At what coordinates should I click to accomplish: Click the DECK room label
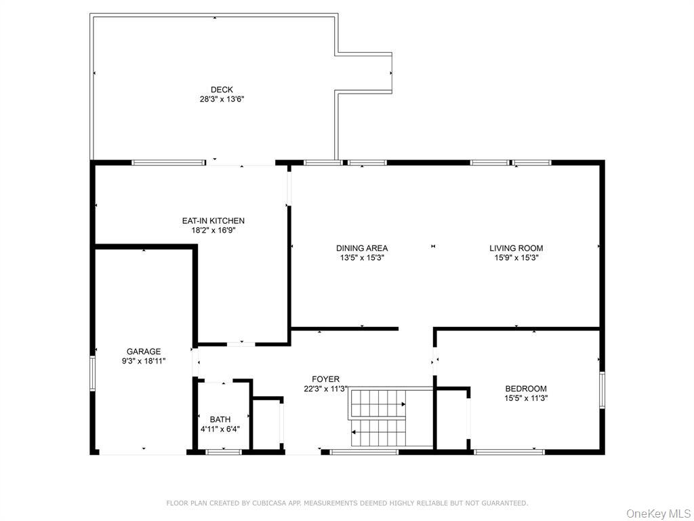(222, 90)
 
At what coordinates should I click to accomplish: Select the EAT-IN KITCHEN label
(213, 220)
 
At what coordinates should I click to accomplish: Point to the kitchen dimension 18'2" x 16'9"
(213, 230)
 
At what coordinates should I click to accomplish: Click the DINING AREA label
(362, 248)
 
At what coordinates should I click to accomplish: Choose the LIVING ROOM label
(516, 248)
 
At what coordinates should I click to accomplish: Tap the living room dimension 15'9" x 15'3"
(516, 258)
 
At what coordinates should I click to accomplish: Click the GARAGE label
(144, 351)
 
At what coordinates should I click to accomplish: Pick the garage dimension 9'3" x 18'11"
(144, 361)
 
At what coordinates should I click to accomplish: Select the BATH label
(220, 419)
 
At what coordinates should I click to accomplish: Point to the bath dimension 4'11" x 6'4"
(220, 429)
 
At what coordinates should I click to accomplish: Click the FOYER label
(325, 379)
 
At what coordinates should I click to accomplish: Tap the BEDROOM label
(525, 389)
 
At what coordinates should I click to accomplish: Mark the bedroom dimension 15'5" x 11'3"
(525, 398)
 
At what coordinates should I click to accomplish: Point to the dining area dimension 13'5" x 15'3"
(362, 258)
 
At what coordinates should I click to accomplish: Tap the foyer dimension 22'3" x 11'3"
(325, 389)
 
